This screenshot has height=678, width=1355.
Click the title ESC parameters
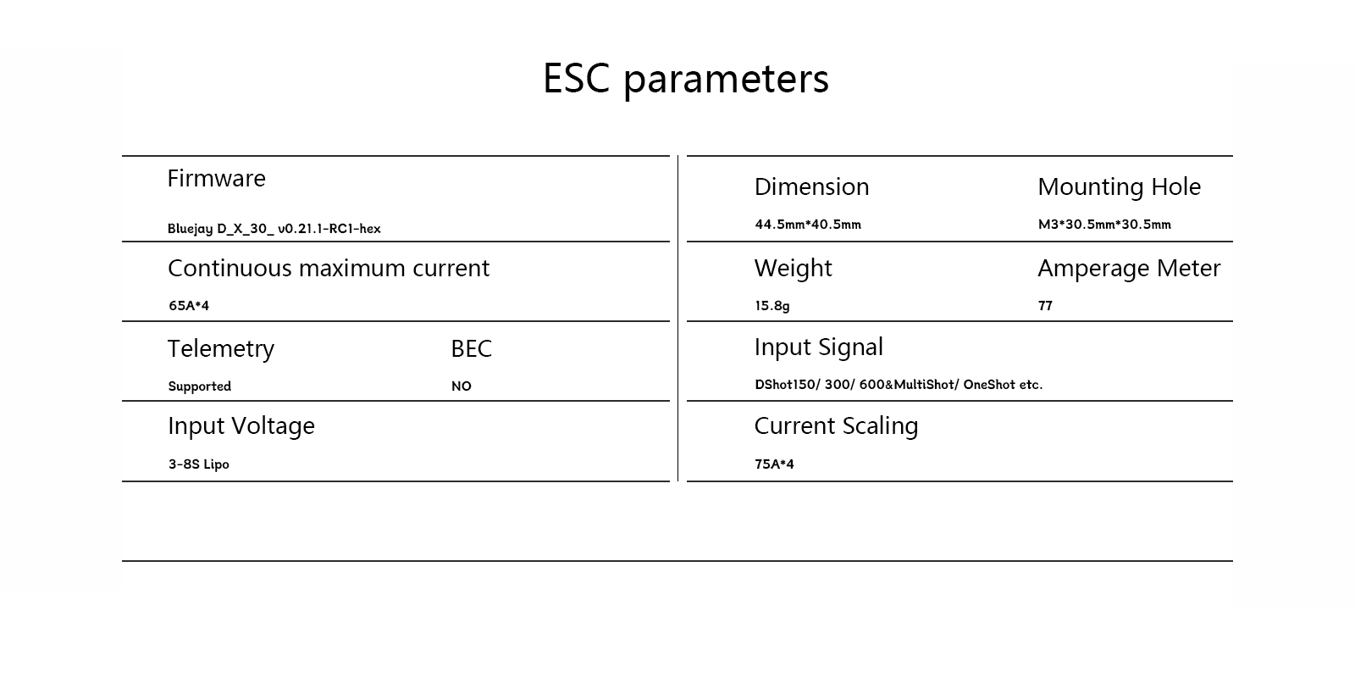[x=685, y=79]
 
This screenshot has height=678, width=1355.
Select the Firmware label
[x=216, y=179]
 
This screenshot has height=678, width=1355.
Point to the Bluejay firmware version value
[x=274, y=229]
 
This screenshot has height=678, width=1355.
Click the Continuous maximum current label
[x=329, y=269]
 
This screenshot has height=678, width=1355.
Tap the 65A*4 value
[x=188, y=306]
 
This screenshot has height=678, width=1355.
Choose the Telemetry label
[x=220, y=349]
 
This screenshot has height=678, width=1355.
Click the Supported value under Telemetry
[x=199, y=386]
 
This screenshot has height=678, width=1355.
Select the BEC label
[x=471, y=349]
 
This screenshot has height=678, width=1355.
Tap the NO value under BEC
[x=461, y=386]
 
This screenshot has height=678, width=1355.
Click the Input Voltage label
[x=241, y=426]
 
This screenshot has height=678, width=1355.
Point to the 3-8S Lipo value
[x=198, y=464]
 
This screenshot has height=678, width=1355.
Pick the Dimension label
[x=811, y=187]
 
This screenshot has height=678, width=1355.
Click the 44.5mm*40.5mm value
[x=807, y=225]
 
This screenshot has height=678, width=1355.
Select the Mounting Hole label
[x=1119, y=187]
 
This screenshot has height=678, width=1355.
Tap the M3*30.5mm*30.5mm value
[x=1104, y=225]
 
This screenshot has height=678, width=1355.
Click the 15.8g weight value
[x=772, y=306]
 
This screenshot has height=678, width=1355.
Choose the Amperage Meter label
[x=1129, y=269]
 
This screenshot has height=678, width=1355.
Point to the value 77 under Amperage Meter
[x=1045, y=306]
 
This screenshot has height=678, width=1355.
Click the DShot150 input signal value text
[x=898, y=385]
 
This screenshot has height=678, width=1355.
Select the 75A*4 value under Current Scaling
[x=774, y=464]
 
